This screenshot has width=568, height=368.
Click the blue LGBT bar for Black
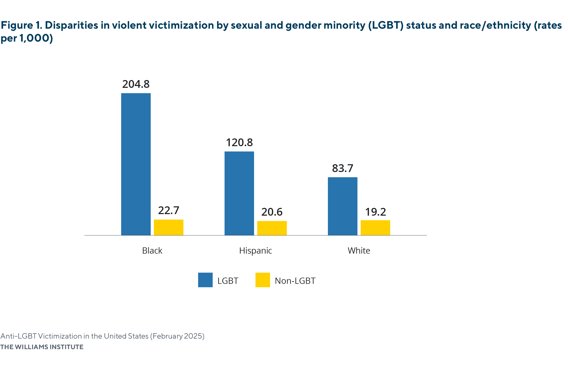point(136,164)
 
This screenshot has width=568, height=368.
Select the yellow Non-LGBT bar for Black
point(169,227)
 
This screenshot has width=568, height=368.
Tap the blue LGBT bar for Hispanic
point(239,193)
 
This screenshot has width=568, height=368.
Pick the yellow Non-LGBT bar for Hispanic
point(272,228)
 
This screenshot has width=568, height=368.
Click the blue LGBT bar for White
point(343,206)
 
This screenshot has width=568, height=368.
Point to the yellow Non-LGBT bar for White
point(375,228)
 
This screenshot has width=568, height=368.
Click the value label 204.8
point(136,84)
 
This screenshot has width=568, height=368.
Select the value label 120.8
point(239,143)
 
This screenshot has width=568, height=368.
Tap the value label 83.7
point(343,168)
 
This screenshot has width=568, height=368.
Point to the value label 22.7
point(169,210)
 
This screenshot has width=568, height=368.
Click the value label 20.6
point(272,212)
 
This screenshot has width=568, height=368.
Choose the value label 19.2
point(375,212)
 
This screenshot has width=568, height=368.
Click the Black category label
point(152,250)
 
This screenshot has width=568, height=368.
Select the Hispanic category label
point(255,250)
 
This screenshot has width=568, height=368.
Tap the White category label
point(359,250)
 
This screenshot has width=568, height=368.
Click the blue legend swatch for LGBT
point(205,280)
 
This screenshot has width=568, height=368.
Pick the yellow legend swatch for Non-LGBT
point(263,280)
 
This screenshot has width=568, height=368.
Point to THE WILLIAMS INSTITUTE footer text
point(42,347)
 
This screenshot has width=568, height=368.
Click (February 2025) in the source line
point(177,336)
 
